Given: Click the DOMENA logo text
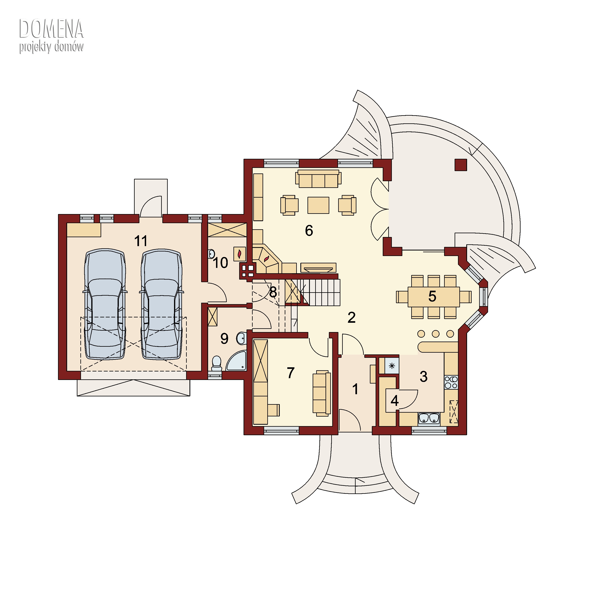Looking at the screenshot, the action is pyautogui.click(x=51, y=29).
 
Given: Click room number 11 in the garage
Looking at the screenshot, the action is pyautogui.click(x=141, y=241).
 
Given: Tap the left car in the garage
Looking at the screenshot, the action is pyautogui.click(x=105, y=304).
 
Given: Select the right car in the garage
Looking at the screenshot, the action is pyautogui.click(x=161, y=304).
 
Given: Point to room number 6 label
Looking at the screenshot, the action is pyautogui.click(x=309, y=231).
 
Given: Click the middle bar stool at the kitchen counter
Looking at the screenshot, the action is pyautogui.click(x=436, y=334).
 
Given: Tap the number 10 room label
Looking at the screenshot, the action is pyautogui.click(x=220, y=263).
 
